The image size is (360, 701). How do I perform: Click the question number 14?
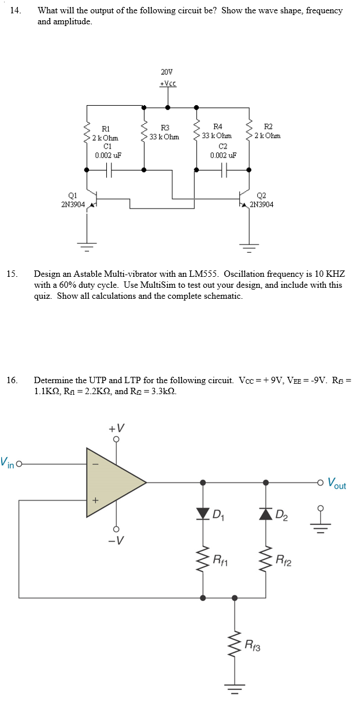[14, 10]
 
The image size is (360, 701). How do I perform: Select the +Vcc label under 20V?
[167, 83]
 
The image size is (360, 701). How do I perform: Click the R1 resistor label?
[106, 128]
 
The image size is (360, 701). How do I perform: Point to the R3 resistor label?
[165, 128]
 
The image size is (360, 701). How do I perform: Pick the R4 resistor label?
[218, 126]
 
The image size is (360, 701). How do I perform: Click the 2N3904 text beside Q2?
[262, 205]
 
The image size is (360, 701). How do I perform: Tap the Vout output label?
[337, 483]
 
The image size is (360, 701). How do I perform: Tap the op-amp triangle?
[113, 481]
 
